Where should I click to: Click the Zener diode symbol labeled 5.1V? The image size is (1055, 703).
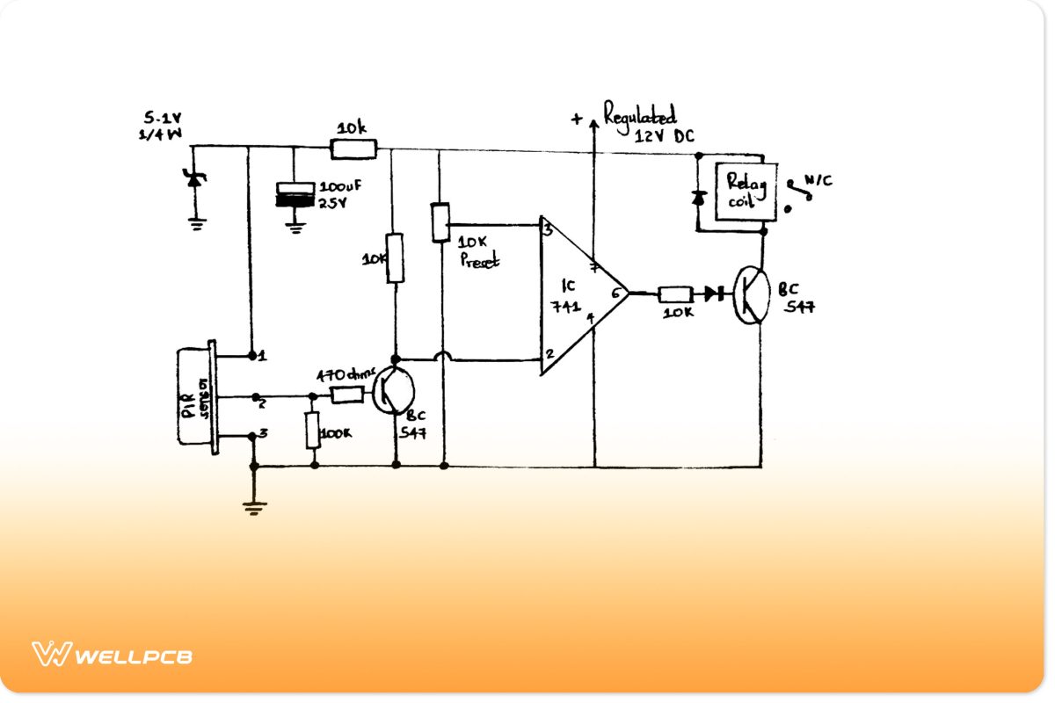[194, 179]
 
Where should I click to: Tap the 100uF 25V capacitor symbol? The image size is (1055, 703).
[295, 194]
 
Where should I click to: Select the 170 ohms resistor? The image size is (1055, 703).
[346, 395]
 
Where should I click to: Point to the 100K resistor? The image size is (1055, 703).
[313, 431]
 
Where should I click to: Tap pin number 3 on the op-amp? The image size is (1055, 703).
[548, 231]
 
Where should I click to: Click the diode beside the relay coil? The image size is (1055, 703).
[700, 198]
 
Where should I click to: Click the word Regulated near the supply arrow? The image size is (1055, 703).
[639, 115]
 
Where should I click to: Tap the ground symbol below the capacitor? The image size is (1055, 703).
[295, 228]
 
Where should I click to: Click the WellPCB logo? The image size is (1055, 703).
[113, 655]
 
